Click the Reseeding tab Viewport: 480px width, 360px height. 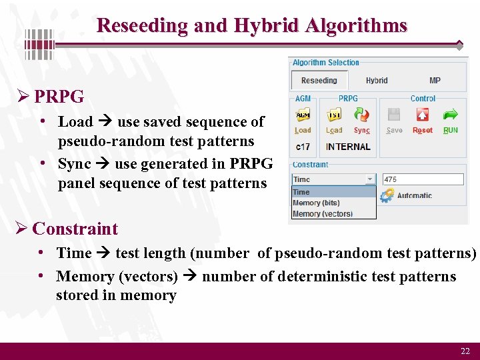(319, 81)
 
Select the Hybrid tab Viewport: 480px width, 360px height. (377, 81)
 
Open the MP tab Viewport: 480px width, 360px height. (435, 81)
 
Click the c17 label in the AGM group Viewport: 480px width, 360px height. (303, 147)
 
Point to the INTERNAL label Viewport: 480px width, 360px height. (348, 147)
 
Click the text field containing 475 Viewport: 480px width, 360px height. (423, 179)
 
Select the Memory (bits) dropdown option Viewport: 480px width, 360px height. (316, 203)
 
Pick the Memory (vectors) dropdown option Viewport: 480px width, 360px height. (322, 213)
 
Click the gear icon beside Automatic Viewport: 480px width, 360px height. (387, 195)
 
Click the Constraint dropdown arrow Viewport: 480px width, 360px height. (370, 179)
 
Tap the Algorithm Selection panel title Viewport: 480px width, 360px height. (325, 63)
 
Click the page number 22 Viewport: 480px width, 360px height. (465, 351)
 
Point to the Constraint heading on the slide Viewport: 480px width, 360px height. (75, 229)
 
